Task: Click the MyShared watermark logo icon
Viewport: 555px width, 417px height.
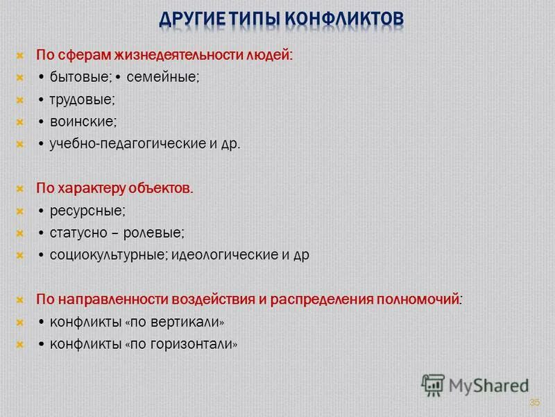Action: pyautogui.click(x=433, y=384)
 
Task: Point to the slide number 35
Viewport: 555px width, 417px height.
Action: pyautogui.click(x=534, y=402)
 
